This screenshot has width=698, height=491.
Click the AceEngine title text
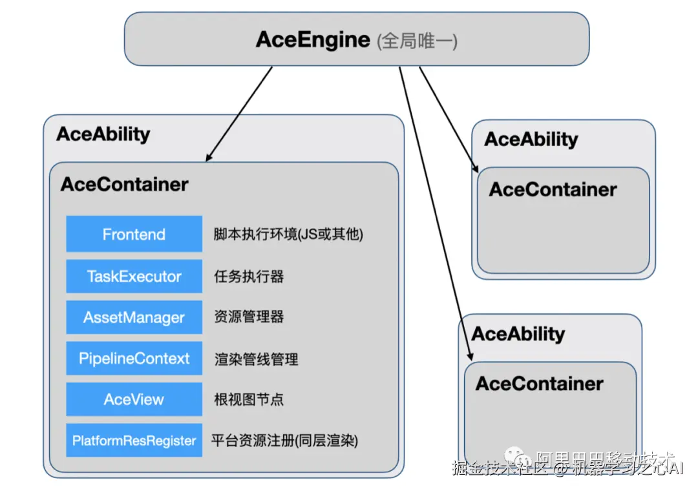click(x=313, y=39)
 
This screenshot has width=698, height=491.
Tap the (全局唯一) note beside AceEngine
click(x=418, y=41)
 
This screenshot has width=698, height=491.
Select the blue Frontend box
click(x=134, y=234)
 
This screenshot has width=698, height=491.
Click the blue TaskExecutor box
click(x=134, y=277)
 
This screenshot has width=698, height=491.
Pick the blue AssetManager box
click(x=134, y=317)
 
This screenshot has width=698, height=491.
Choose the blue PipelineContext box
click(x=134, y=359)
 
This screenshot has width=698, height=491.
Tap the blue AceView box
click(x=134, y=399)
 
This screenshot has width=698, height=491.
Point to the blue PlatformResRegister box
click(x=134, y=441)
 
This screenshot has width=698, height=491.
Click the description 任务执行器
click(x=249, y=277)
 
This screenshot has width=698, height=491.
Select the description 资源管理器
click(x=249, y=317)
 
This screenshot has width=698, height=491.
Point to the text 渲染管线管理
click(x=256, y=359)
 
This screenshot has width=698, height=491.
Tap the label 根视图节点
click(x=249, y=399)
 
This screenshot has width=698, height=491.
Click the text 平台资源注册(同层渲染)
click(x=284, y=441)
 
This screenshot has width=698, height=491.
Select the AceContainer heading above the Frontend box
click(x=124, y=184)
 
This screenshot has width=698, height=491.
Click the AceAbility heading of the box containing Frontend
click(x=103, y=134)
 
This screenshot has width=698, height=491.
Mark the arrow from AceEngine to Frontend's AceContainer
click(x=239, y=113)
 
